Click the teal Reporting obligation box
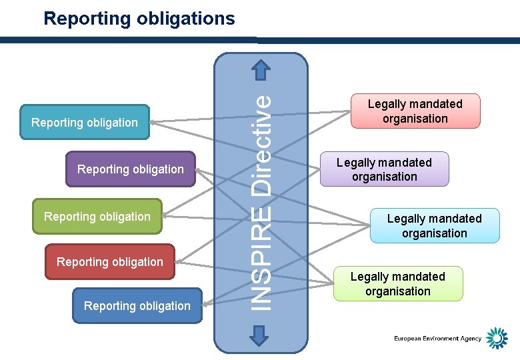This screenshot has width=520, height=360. pyautogui.click(x=85, y=122)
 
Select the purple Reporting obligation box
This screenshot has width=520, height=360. pyautogui.click(x=131, y=169)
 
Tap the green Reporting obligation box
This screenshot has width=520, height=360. pyautogui.click(x=97, y=217)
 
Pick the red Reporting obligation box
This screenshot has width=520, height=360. pyautogui.click(x=110, y=262)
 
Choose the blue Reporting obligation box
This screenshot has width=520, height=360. pyautogui.click(x=137, y=306)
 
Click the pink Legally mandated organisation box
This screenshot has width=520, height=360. pyautogui.click(x=415, y=111)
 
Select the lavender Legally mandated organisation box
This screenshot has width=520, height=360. pyautogui.click(x=384, y=169)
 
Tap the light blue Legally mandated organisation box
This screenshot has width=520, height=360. pyautogui.click(x=434, y=226)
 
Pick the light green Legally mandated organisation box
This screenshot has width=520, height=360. pyautogui.click(x=397, y=284)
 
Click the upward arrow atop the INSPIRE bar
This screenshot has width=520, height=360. pyautogui.click(x=261, y=69)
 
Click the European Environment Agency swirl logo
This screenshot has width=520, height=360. pyautogui.click(x=496, y=339)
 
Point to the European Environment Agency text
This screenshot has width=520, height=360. pyautogui.click(x=437, y=339)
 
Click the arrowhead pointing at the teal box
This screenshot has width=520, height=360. pyautogui.click(x=153, y=121)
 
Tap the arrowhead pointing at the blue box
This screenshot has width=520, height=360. pyautogui.click(x=206, y=305)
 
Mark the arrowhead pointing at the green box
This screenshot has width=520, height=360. pyautogui.click(x=166, y=215)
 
